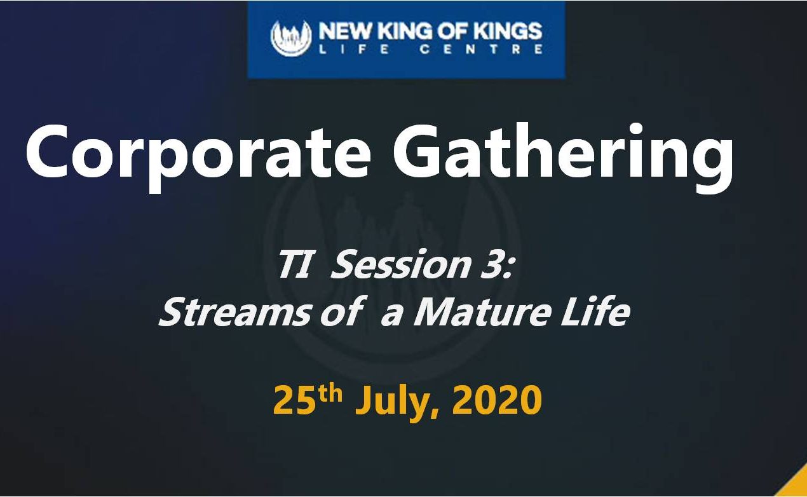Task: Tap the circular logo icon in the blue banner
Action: point(291,38)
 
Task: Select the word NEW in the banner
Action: point(345,31)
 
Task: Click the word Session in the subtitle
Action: point(400,264)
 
